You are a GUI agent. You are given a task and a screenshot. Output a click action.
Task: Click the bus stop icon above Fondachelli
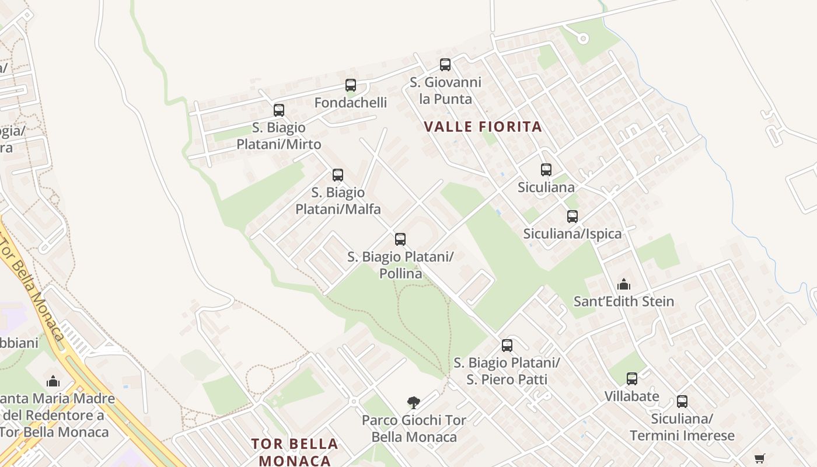(351, 85)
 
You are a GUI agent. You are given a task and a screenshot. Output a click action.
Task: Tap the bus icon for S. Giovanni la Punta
(445, 65)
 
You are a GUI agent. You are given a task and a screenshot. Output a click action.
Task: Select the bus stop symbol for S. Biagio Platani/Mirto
(279, 110)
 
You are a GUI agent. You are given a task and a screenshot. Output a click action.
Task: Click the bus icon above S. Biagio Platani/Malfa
(338, 175)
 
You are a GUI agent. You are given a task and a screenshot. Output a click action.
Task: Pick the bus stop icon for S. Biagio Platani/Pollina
(400, 239)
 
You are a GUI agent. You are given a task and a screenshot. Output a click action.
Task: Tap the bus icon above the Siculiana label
(546, 170)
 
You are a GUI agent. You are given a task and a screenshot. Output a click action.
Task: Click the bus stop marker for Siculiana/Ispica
(572, 217)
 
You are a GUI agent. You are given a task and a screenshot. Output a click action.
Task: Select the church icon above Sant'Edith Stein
(624, 284)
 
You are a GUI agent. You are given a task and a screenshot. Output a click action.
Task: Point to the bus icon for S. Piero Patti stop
(507, 345)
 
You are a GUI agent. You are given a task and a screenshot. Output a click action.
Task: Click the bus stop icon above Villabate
(632, 379)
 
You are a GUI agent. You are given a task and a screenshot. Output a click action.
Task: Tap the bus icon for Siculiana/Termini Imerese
(682, 402)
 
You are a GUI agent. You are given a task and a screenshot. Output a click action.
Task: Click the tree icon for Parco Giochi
(414, 402)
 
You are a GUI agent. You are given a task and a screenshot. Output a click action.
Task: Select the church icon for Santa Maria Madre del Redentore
(53, 381)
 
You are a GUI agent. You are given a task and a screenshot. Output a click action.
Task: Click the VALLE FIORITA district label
(483, 127)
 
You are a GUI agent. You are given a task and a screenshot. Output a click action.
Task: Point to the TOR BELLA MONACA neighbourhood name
(295, 452)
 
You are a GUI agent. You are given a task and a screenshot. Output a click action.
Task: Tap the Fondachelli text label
(351, 103)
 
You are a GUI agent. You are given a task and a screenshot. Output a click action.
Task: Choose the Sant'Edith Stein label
(624, 302)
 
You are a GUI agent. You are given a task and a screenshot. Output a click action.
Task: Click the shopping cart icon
(759, 458)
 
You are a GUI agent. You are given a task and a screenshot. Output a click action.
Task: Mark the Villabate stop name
(632, 396)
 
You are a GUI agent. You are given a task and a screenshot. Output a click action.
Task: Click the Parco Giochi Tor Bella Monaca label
(414, 428)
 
